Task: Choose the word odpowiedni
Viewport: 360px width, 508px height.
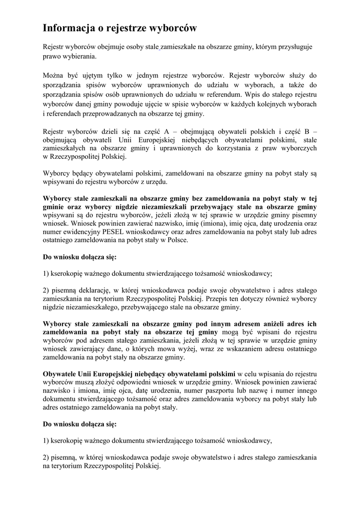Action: click(131, 382)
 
